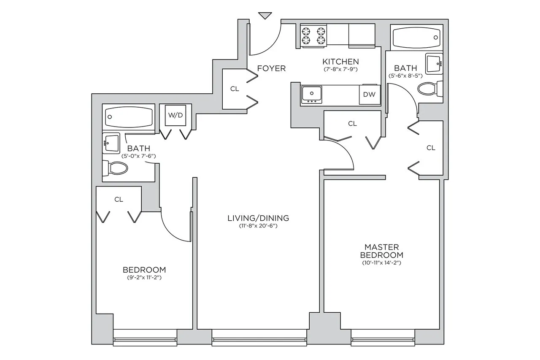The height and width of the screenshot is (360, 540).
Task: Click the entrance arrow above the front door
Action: point(265,16)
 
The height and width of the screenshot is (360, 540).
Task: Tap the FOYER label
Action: point(271,68)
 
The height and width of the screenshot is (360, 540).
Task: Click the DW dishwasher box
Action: point(369,95)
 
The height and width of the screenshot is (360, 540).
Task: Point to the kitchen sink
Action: point(312,93)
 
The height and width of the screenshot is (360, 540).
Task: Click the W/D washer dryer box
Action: point(175,116)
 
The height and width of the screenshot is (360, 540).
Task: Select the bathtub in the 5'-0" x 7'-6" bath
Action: point(129,116)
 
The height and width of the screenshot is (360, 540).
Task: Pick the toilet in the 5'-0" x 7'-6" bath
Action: point(116,168)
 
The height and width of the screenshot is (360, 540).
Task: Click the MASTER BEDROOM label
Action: point(381,251)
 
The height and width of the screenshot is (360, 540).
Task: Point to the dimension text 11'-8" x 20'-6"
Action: point(258,226)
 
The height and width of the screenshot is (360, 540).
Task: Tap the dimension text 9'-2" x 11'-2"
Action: point(144,278)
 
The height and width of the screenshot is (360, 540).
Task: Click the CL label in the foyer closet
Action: point(235,89)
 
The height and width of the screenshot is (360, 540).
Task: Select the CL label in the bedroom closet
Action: point(119,199)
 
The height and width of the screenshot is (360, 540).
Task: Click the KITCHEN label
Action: point(340,62)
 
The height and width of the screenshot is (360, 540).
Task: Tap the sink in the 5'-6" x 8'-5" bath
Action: point(433,63)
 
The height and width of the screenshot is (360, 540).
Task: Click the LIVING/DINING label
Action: point(258,218)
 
